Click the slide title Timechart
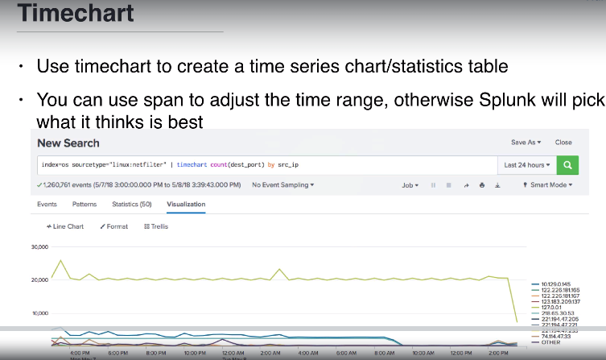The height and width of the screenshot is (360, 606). point(76,14)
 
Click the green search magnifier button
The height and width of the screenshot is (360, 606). point(568,165)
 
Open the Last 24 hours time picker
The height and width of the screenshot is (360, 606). point(527,165)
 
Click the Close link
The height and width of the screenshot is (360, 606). point(563,143)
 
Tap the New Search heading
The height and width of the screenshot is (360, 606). point(68,143)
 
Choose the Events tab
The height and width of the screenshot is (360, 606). point(47,205)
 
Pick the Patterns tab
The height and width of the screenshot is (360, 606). point(84,205)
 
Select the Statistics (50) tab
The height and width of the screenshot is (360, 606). point(131,205)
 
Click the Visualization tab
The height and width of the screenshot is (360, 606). point(186,205)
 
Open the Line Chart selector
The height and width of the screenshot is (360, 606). point(65,226)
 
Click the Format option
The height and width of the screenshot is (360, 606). point(114,226)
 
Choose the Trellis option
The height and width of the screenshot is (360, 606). point(156,226)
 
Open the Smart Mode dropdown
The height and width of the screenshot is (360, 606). point(548,185)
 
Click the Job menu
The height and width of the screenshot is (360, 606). point(410,185)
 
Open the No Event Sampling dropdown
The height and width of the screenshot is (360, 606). point(283,185)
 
